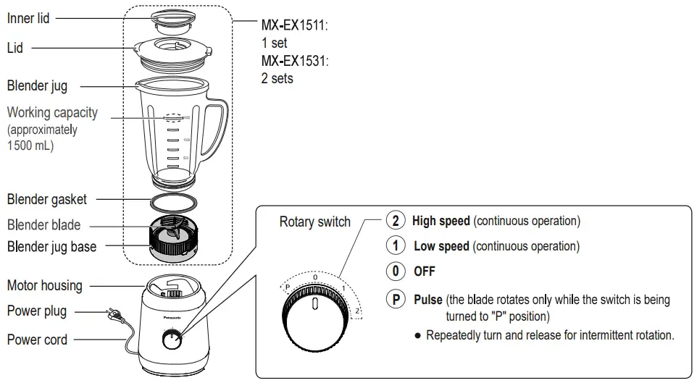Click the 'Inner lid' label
point(28,18)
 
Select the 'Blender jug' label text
point(37,85)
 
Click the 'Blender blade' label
point(43,224)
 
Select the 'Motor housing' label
point(44,285)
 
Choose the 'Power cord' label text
point(37,340)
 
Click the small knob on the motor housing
point(171,340)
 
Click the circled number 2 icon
point(395,221)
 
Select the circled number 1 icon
point(395,246)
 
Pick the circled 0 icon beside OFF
point(395,272)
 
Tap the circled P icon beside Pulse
point(395,300)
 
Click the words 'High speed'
point(441,221)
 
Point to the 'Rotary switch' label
point(314,222)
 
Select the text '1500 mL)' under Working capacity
point(30,145)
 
